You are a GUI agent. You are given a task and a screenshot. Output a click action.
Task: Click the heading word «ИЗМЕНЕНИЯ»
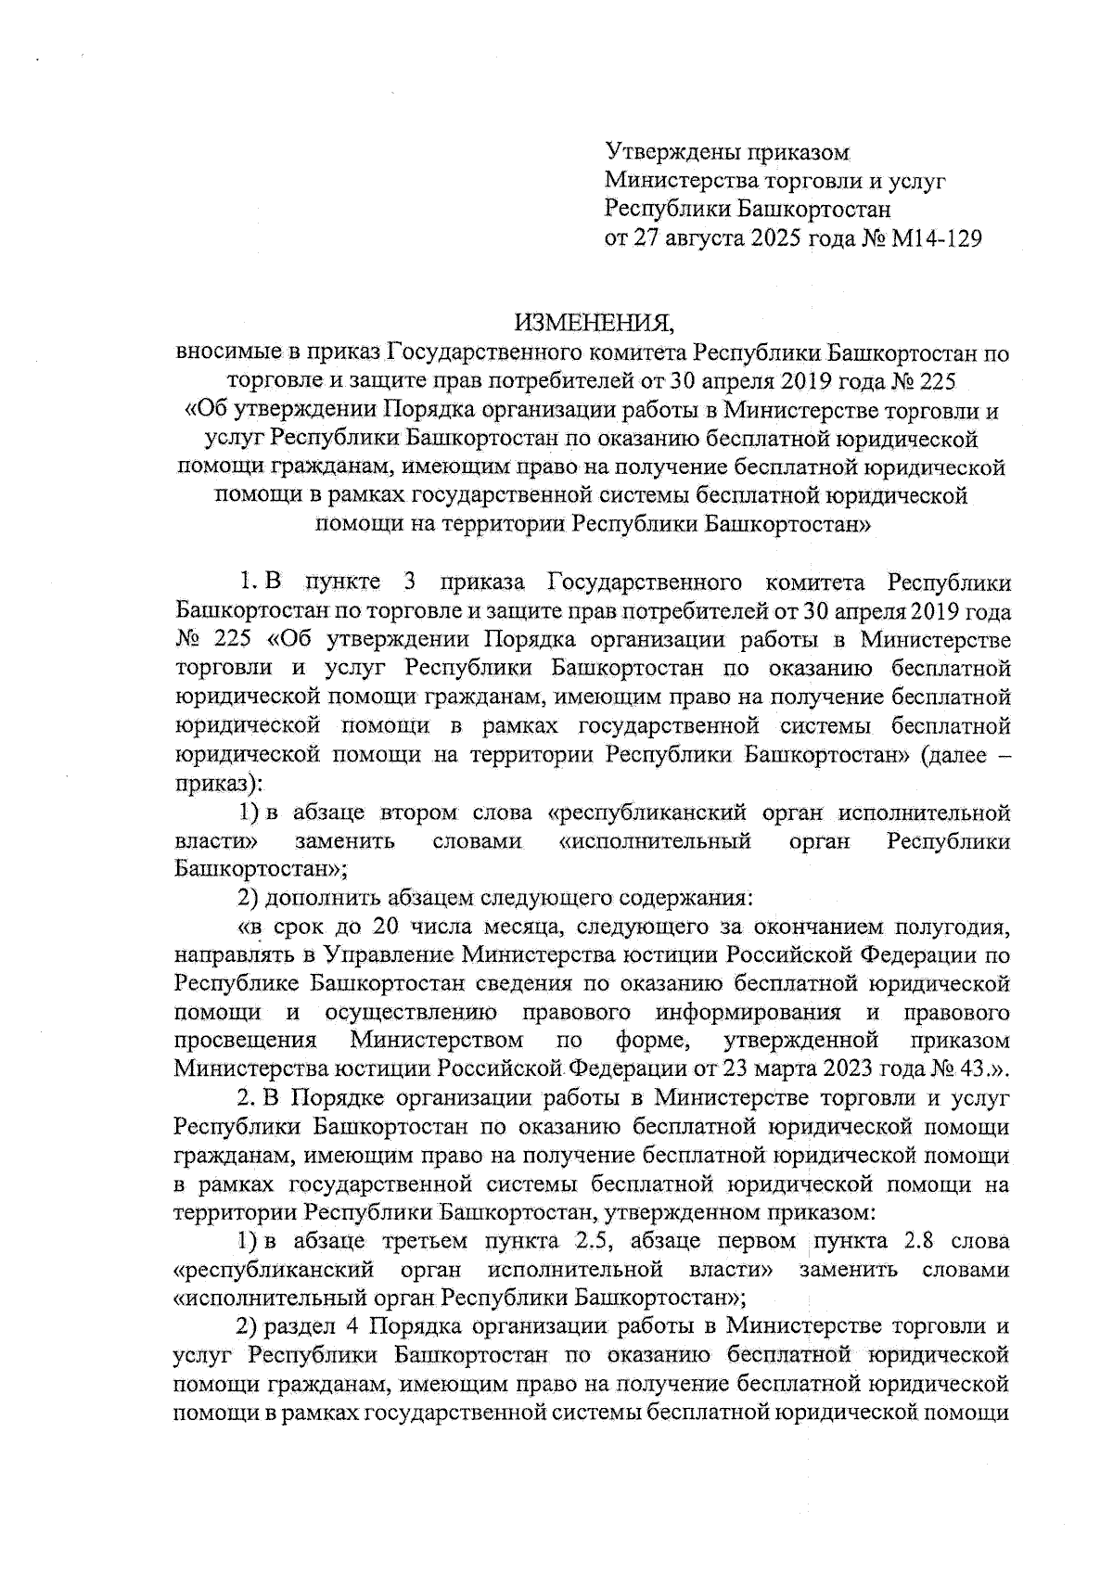[595, 323]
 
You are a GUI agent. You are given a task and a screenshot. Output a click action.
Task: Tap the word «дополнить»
[316, 898]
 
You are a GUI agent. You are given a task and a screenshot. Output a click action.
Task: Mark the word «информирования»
[748, 1011]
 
